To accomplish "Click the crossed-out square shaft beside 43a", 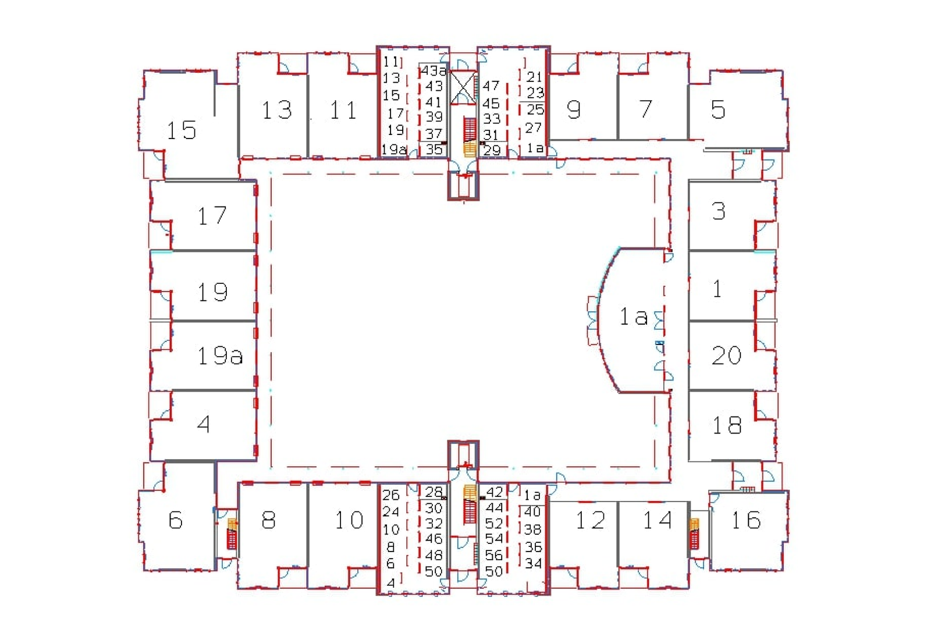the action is click(x=463, y=87).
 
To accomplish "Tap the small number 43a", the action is click(x=433, y=70).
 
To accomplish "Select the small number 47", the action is click(x=491, y=86).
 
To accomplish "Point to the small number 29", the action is click(x=492, y=150).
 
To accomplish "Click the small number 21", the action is click(x=535, y=77).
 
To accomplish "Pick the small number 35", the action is click(x=434, y=149).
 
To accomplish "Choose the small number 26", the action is click(x=390, y=495).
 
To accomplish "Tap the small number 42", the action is click(x=494, y=492).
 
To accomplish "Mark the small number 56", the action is click(x=494, y=555).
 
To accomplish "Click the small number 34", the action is click(x=533, y=564).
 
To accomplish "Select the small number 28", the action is click(x=434, y=492).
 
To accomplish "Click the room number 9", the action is click(x=574, y=109).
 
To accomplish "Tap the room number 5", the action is click(x=718, y=109).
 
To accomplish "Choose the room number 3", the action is click(x=719, y=211).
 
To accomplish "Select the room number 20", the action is click(x=726, y=355).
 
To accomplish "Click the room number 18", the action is click(x=727, y=425).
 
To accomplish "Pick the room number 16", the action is click(x=747, y=520).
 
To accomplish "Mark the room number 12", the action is click(x=591, y=520).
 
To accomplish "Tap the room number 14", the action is click(x=658, y=520).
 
